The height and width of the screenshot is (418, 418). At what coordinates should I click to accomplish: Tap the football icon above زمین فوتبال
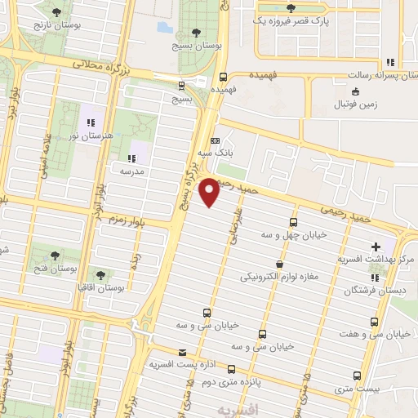[344, 104]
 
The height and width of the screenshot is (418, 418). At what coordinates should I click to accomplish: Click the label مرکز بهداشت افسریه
[376, 260]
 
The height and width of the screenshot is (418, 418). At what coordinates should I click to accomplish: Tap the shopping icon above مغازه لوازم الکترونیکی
[281, 265]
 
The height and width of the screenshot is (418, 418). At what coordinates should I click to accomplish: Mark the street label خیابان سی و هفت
[382, 334]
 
